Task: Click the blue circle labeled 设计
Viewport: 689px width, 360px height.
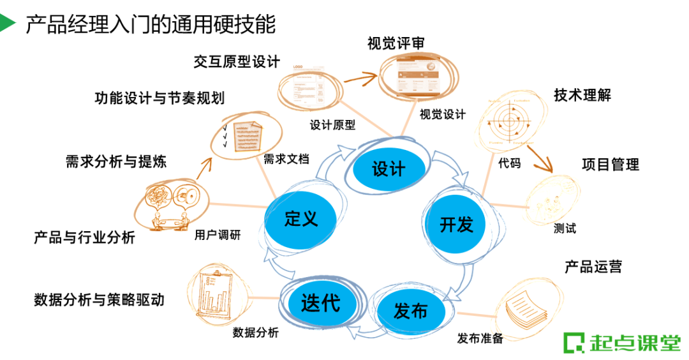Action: pos(389,169)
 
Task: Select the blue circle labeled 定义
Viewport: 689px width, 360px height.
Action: pos(300,219)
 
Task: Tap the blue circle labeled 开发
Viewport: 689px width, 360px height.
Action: pos(457,224)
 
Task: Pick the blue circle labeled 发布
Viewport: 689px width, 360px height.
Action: pos(411,311)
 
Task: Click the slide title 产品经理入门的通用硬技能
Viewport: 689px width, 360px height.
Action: pos(151,25)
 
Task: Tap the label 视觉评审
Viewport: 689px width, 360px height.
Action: pos(396,43)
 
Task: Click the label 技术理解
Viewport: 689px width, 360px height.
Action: pos(582,95)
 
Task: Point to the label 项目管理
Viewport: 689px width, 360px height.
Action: pos(610,164)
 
